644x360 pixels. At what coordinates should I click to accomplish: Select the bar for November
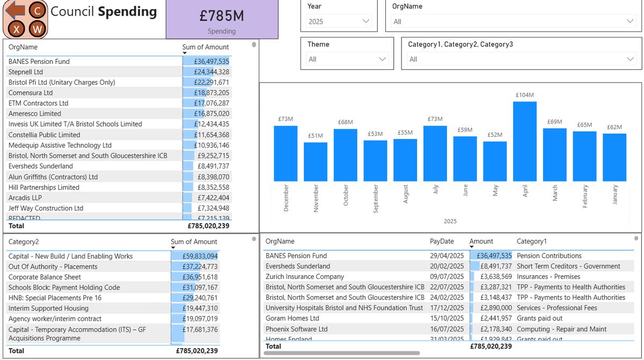point(316,161)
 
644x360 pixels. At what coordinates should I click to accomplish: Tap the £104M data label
point(524,95)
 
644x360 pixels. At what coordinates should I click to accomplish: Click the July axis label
point(435,189)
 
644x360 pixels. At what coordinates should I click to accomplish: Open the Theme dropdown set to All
point(347,59)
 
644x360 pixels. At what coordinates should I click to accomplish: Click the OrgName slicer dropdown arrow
point(630,21)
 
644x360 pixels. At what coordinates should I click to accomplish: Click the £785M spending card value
point(222,16)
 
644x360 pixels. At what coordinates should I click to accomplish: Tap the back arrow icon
point(18,10)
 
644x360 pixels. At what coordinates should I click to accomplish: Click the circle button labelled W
point(37,29)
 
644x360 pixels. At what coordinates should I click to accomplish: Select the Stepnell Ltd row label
point(26,72)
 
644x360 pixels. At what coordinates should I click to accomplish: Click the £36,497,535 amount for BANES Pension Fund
point(211,62)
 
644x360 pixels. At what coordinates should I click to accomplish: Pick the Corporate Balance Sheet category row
point(45,277)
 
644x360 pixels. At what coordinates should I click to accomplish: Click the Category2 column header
point(24,242)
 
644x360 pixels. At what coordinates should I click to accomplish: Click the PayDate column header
point(442,241)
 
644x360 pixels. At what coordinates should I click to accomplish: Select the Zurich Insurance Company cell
point(305,277)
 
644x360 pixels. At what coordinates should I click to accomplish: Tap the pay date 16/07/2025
point(447,329)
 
